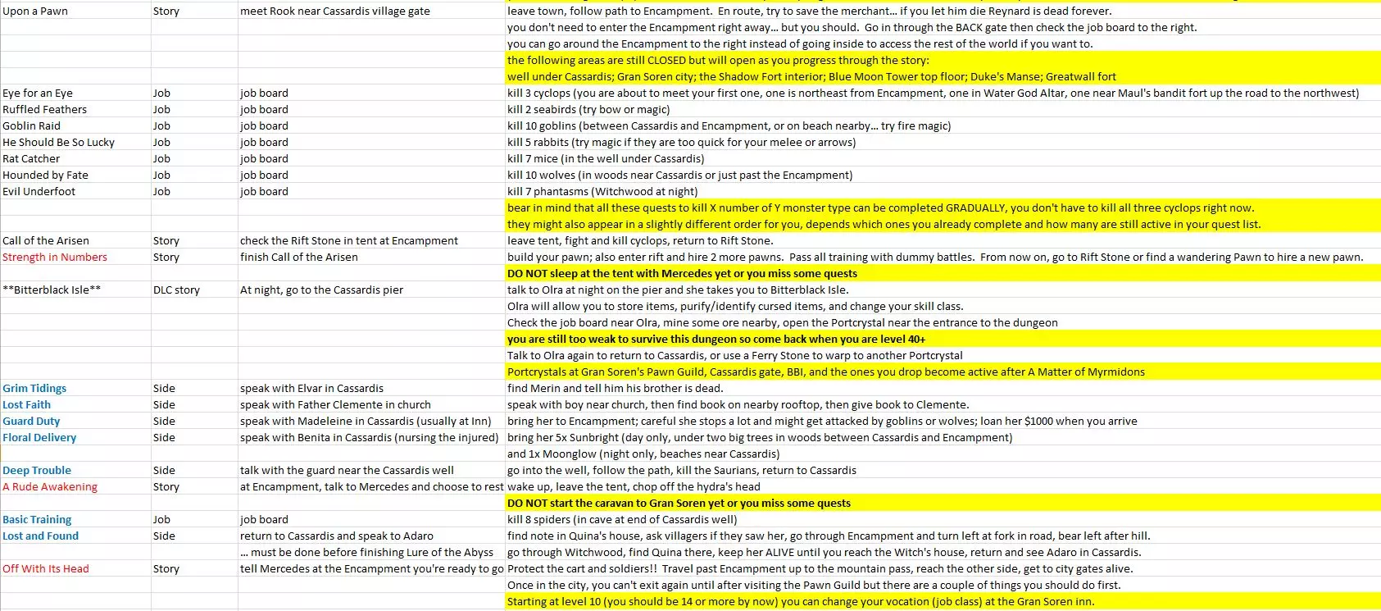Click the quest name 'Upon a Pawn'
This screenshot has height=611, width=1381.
(35, 11)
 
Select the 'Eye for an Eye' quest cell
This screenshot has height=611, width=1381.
(38, 93)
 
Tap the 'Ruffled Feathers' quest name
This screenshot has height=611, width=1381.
(44, 110)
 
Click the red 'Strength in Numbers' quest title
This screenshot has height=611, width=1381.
(55, 258)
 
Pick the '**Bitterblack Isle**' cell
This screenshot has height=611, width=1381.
(52, 290)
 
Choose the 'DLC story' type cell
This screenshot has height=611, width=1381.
(176, 290)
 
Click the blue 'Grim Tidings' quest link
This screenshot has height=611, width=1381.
(34, 389)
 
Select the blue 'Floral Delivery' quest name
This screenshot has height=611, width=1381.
(39, 438)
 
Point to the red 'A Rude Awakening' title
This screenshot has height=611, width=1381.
(50, 487)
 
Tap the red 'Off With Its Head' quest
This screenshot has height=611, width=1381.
(46, 569)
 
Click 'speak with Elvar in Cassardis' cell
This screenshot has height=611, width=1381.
(311, 389)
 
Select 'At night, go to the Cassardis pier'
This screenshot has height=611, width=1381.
(321, 290)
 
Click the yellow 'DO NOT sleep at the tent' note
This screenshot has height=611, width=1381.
(682, 274)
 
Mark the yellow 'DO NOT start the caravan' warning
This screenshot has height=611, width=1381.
(679, 504)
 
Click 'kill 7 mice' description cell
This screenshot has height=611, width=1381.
(606, 159)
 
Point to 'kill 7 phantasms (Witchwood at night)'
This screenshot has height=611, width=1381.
(602, 192)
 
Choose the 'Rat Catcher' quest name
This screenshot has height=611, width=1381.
(31, 159)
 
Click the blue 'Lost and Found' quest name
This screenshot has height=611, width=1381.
(41, 536)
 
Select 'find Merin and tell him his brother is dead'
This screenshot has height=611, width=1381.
(615, 389)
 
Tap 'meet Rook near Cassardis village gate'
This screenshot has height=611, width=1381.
(334, 11)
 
